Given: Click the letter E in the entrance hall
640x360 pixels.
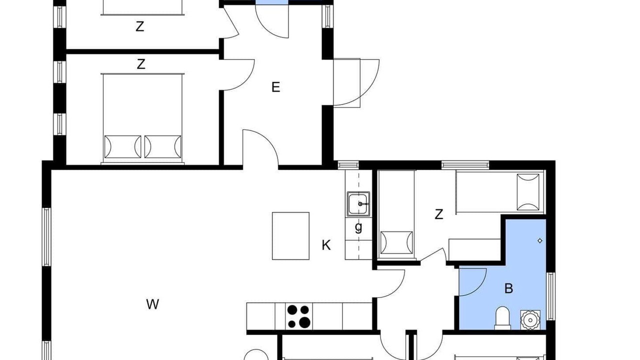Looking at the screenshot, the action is tap(275, 87).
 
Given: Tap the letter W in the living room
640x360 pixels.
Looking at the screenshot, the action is tap(152, 304).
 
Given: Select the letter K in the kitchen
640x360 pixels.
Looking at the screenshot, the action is tap(326, 245).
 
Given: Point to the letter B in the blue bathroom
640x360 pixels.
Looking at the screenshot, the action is tap(508, 288).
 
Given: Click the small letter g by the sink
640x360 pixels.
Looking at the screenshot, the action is tap(358, 227).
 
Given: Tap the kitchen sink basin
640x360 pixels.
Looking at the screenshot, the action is tap(358, 203).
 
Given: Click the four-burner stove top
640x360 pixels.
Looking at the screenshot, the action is tap(299, 316).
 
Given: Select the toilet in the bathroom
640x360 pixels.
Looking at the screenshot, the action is tap(502, 317).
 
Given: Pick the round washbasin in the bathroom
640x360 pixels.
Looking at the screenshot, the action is tap(530, 319).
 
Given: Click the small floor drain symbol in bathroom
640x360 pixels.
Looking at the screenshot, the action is tap(539, 241).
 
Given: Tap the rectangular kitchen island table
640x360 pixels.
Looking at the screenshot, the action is tap(290, 235).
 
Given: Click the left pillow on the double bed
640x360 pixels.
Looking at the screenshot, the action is tap(122, 146).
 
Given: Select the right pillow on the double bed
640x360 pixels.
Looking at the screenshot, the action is tap(162, 146).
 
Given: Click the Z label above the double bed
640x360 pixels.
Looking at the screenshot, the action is tap(141, 64).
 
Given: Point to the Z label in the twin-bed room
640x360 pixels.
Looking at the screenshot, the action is tap(439, 214).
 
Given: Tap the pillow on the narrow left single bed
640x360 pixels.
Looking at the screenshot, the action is tap(396, 242).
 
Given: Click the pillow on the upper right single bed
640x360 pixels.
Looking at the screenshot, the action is tap(528, 192).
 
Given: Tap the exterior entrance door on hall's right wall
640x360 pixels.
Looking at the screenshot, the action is tap(356, 83).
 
